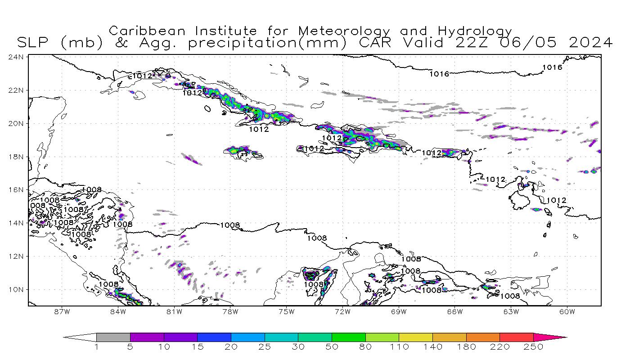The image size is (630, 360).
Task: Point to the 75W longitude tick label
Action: [286, 311]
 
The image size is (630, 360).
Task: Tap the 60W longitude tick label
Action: [567, 311]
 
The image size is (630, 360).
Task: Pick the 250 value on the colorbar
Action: [534, 347]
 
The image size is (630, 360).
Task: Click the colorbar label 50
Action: [332, 347]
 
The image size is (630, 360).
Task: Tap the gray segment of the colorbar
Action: [113, 337]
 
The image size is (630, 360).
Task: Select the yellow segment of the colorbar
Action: [415, 337]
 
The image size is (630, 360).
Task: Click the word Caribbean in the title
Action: [147, 31]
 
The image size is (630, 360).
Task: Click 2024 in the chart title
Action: [590, 43]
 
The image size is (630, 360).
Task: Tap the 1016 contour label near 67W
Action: [439, 74]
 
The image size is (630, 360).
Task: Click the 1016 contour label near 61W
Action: [552, 67]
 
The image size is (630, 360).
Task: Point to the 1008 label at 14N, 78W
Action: [230, 225]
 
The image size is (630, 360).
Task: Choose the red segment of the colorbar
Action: [516, 337]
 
